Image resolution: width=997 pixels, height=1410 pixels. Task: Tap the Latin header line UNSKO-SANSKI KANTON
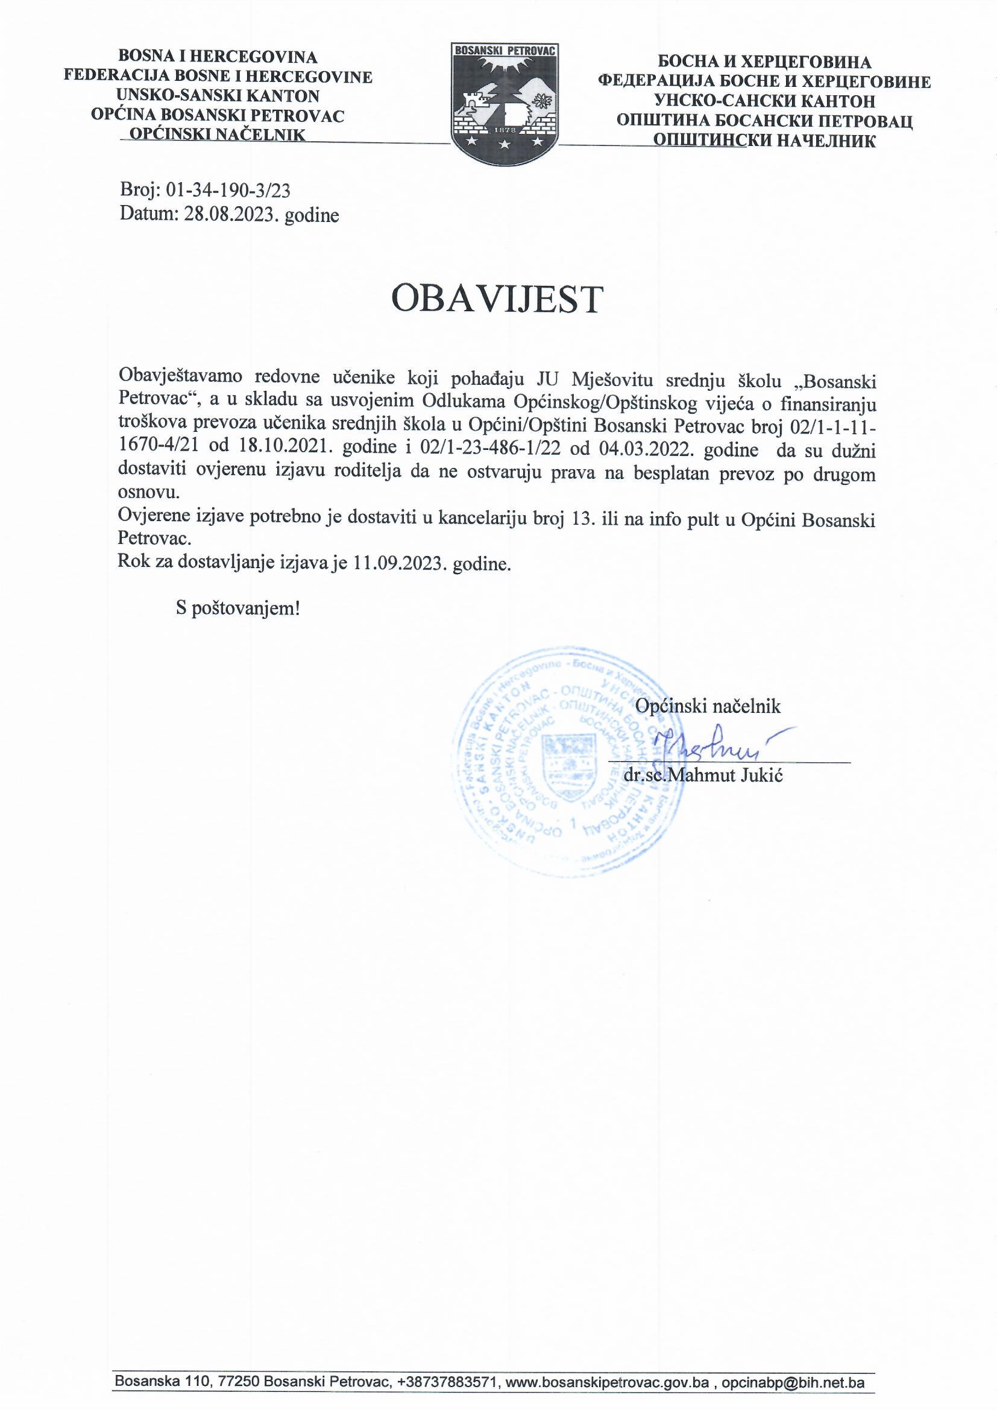coord(219,96)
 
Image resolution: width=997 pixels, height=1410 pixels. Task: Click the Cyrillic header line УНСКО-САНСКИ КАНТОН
coord(765,101)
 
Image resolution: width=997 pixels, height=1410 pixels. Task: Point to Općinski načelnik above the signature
coord(708,706)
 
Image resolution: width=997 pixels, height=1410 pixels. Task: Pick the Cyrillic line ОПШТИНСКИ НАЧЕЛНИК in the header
coord(765,141)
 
